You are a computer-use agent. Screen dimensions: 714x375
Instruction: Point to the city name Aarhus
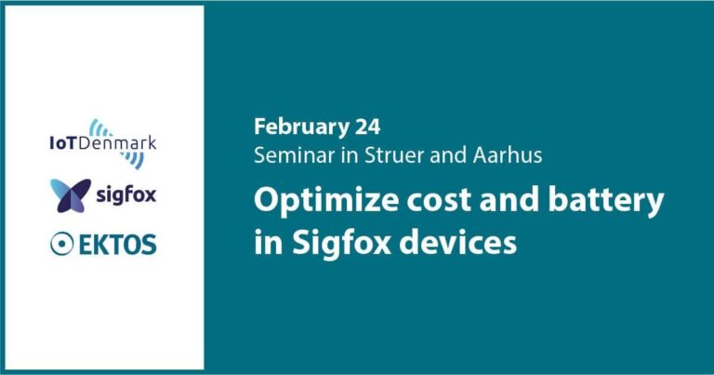coord(508,155)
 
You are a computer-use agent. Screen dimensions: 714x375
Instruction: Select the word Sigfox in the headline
coord(341,242)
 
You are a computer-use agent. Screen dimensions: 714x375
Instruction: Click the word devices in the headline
coord(458,242)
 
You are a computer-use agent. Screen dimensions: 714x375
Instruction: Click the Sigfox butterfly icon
coord(71,195)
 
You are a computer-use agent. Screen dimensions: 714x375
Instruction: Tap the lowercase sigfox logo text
coord(126,196)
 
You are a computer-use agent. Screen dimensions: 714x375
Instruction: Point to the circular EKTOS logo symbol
coord(62,244)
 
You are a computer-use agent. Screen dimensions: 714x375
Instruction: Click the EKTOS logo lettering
coord(118,244)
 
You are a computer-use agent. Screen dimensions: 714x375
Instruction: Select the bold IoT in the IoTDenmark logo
coord(63,143)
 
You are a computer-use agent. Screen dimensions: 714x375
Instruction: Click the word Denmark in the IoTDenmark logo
coord(117,143)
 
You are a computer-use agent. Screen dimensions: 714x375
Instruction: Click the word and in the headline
coord(510,200)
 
